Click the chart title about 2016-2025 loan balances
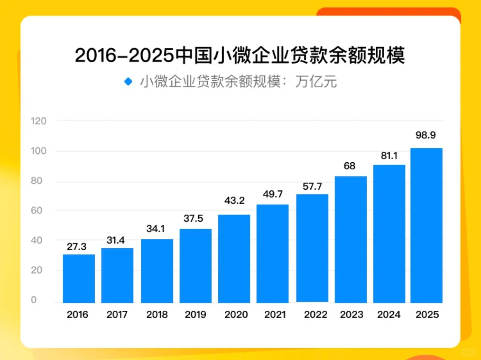pos(240,55)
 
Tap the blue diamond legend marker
pos(129,82)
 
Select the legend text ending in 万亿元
pos(239,82)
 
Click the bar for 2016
pos(79,279)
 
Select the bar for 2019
pos(195,266)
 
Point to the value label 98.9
pos(426,135)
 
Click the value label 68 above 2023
pos(350,166)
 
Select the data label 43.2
pos(234,201)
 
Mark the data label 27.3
pos(77,247)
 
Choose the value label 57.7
pos(313,186)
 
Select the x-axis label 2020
pos(236,315)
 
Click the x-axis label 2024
pos(389,315)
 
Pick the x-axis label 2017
pos(117,315)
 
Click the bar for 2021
pos(273,254)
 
